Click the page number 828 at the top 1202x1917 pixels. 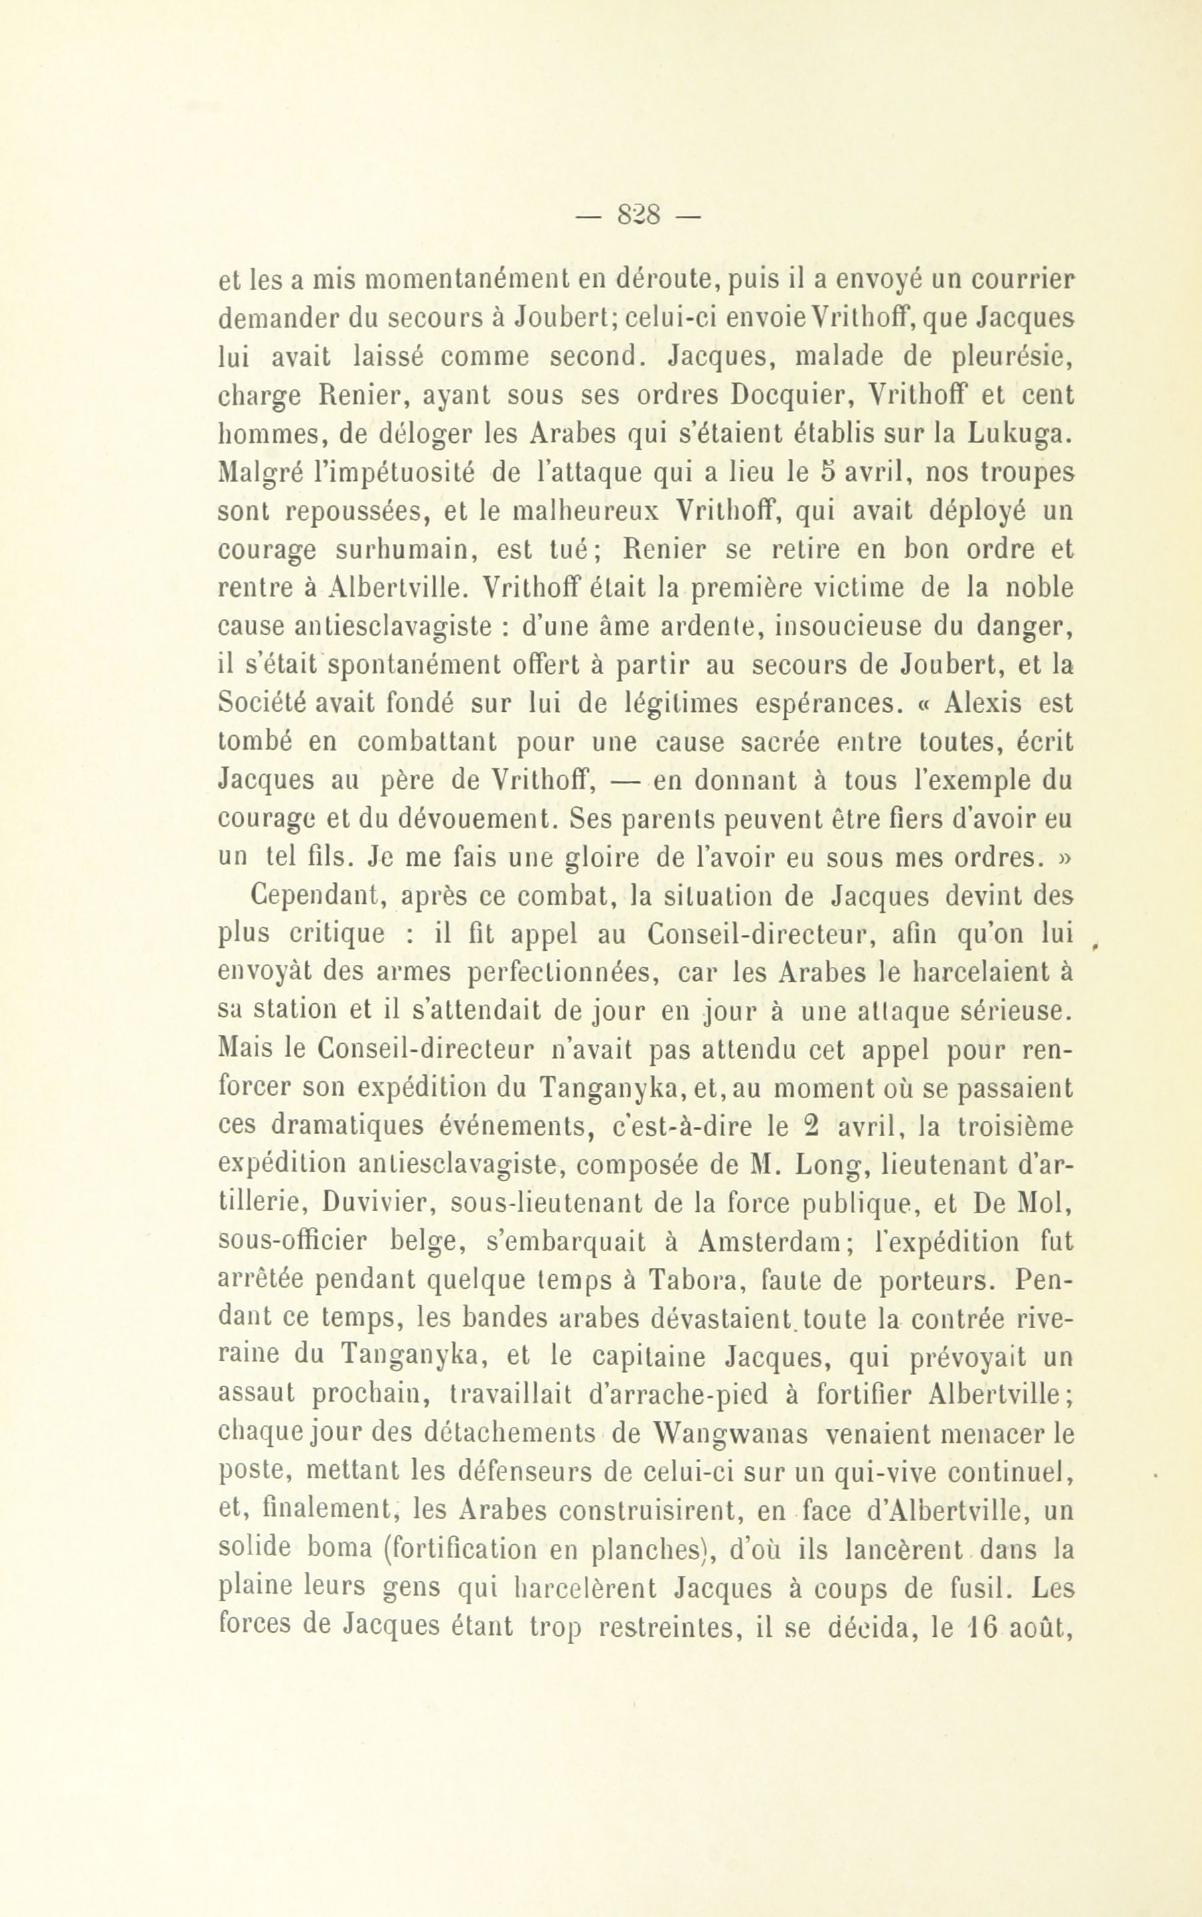click(x=640, y=216)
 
